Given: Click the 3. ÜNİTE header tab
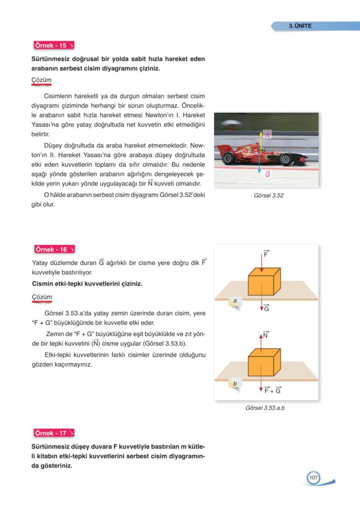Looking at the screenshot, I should [x=300, y=26].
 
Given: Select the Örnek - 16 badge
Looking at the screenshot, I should [x=54, y=249].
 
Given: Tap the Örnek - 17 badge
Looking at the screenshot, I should [x=54, y=433].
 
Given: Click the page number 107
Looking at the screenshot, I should [x=313, y=478].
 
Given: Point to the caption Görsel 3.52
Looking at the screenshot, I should [x=269, y=195].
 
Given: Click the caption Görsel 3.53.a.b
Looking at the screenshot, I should [x=265, y=408].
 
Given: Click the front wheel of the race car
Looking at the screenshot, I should [x=286, y=159].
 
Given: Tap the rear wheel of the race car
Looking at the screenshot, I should [x=229, y=158].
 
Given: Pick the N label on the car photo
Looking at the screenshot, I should [x=268, y=135].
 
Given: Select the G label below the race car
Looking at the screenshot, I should [x=267, y=174].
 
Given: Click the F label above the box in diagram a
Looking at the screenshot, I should [x=266, y=254].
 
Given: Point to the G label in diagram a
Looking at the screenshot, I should [x=266, y=308].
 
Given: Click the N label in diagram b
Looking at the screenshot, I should [x=265, y=335].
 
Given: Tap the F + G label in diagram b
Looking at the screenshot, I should [x=272, y=390].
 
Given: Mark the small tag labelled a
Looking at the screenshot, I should [x=235, y=301].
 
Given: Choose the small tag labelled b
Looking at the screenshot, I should [x=235, y=384].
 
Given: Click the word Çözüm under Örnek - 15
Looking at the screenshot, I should [x=42, y=80].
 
